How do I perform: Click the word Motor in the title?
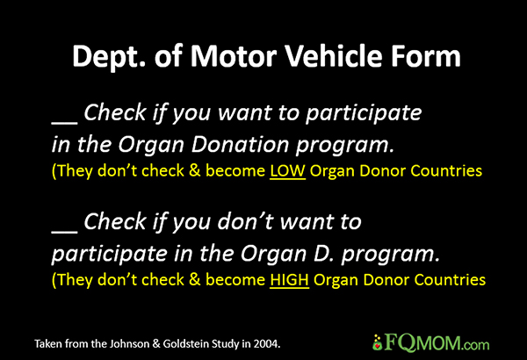pyautogui.click(x=234, y=56)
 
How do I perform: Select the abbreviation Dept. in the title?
pyautogui.click(x=109, y=57)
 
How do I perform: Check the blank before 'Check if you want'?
pyautogui.click(x=65, y=122)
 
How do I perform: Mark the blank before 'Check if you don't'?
pyautogui.click(x=65, y=232)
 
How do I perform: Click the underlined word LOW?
pyautogui.click(x=288, y=170)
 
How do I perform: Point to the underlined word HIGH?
pyautogui.click(x=289, y=280)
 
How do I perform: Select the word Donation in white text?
pyautogui.click(x=240, y=145)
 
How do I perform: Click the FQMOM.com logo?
pyautogui.click(x=431, y=342)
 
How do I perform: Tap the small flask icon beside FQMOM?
pyautogui.click(x=378, y=342)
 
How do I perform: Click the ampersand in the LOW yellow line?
pyautogui.click(x=195, y=170)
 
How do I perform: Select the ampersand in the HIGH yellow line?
pyautogui.click(x=195, y=280)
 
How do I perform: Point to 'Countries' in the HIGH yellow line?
pyautogui.click(x=450, y=280)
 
